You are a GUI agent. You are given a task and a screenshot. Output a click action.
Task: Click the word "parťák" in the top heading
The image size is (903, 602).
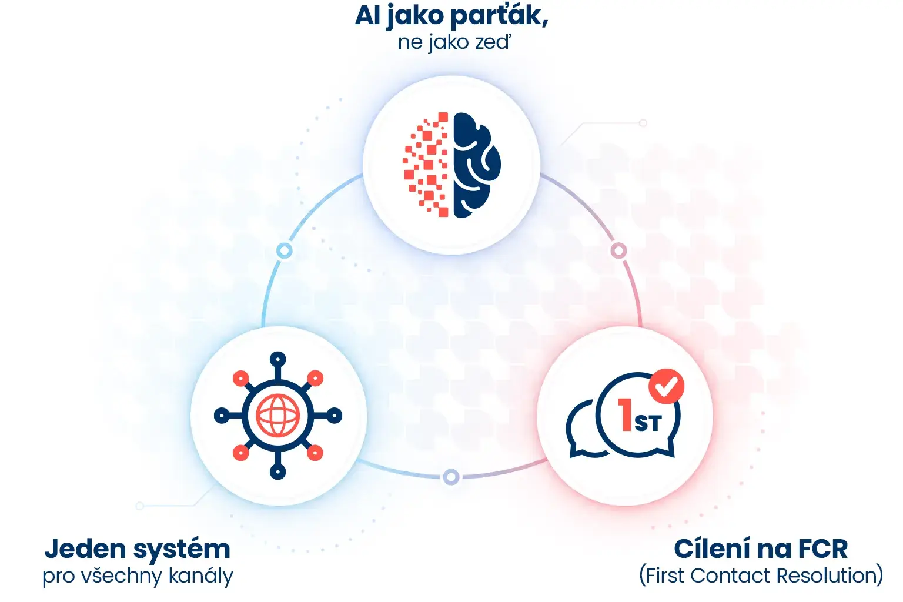click(499, 16)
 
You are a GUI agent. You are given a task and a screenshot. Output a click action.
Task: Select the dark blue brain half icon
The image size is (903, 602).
click(477, 165)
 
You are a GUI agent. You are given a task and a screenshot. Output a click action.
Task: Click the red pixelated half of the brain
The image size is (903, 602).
click(426, 165)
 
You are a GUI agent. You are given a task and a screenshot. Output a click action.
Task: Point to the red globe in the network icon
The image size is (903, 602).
click(277, 416)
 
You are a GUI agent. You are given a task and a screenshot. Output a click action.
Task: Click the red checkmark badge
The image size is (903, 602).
click(666, 386)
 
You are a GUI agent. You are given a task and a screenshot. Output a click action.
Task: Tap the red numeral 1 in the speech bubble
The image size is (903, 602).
click(626, 414)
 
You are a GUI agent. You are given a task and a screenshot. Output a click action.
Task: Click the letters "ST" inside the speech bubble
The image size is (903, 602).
click(648, 423)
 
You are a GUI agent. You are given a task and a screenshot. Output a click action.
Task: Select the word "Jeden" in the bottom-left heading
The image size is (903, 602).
click(85, 549)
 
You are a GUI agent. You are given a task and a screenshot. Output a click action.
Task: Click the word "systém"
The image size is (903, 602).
click(182, 550)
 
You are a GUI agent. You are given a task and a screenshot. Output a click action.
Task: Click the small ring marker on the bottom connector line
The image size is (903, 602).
click(451, 477)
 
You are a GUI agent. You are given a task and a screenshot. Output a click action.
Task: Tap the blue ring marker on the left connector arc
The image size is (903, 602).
click(284, 251)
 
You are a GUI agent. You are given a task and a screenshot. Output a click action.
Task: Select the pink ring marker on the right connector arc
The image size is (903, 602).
click(619, 251)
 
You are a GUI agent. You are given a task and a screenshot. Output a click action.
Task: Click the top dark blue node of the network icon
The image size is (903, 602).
click(277, 359)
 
